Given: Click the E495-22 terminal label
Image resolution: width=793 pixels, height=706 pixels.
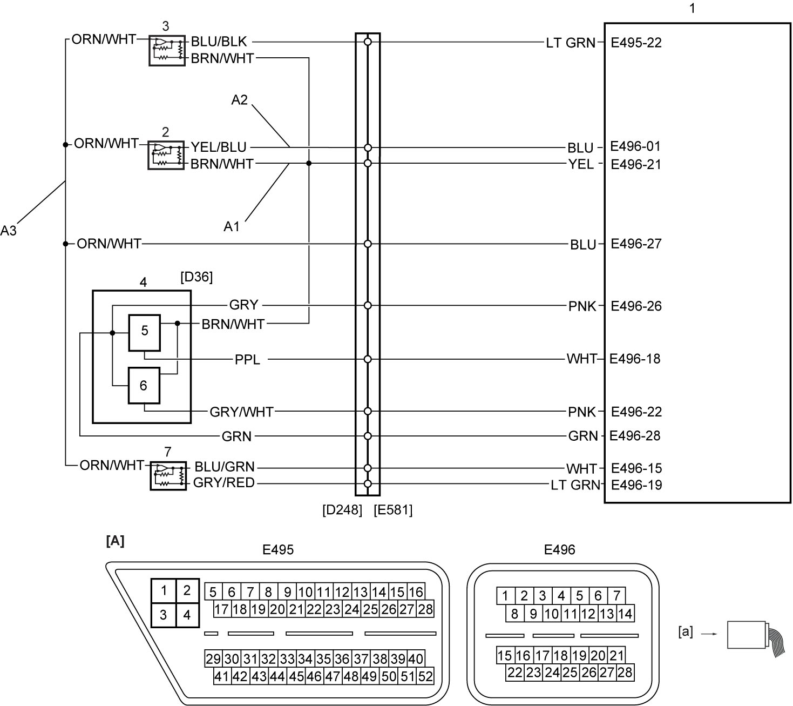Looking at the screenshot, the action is coord(636,43).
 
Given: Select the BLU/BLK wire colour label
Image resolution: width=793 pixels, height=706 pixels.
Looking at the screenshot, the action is coord(219,42).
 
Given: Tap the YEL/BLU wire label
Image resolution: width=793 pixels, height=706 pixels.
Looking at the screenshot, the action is coord(219,147).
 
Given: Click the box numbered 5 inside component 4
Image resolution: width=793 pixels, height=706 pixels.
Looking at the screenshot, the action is coord(145,333).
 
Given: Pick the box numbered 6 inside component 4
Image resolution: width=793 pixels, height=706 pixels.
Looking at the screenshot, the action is coord(144,386).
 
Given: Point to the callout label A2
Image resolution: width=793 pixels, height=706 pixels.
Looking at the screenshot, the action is coord(240,100).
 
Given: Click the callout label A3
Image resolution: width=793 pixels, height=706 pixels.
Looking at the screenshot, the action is coord(9,230).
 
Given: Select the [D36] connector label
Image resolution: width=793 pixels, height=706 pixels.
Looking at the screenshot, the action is coord(196,277).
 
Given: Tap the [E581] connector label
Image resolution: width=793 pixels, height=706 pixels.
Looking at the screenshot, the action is coord(393,510).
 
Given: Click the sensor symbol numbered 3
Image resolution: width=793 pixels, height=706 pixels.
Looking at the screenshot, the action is coord(167,51).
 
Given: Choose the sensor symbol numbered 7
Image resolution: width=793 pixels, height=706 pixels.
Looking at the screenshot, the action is coord(168,476).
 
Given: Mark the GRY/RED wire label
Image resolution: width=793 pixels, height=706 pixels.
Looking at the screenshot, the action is coord(224,483).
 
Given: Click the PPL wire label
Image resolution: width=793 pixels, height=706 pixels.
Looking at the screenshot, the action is coord(247,360).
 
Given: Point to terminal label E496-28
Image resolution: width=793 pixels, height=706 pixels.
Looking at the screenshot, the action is coord(635,436).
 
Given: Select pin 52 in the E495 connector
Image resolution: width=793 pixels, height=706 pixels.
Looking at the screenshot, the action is coord(425,676).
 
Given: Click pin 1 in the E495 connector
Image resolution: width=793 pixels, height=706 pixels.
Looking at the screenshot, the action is coord(164,590).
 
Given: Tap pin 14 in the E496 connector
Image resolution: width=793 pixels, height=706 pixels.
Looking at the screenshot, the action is coord(625,614).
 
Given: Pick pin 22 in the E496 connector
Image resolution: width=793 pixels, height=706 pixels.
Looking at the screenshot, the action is coord(514,673).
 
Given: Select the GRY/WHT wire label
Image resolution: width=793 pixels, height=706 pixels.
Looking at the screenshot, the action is coord(241,412).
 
